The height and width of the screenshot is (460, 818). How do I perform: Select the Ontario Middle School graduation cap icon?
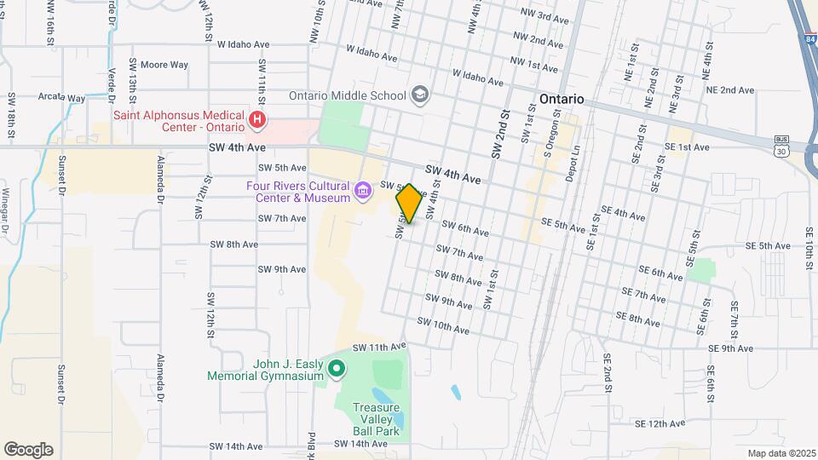tap(419, 95)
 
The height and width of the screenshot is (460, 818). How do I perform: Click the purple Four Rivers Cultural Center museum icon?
tap(364, 191)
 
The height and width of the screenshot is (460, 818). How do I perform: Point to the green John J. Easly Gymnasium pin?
tap(337, 370)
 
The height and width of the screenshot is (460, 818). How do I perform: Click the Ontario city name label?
tap(562, 99)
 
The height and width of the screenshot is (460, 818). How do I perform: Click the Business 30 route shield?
tap(781, 146)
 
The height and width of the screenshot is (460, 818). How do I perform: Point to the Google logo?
tap(28, 450)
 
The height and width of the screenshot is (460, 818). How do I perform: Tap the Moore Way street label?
tap(164, 65)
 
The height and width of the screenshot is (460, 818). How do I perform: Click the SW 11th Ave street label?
tap(375, 348)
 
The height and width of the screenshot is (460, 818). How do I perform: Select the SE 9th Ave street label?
tap(730, 348)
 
